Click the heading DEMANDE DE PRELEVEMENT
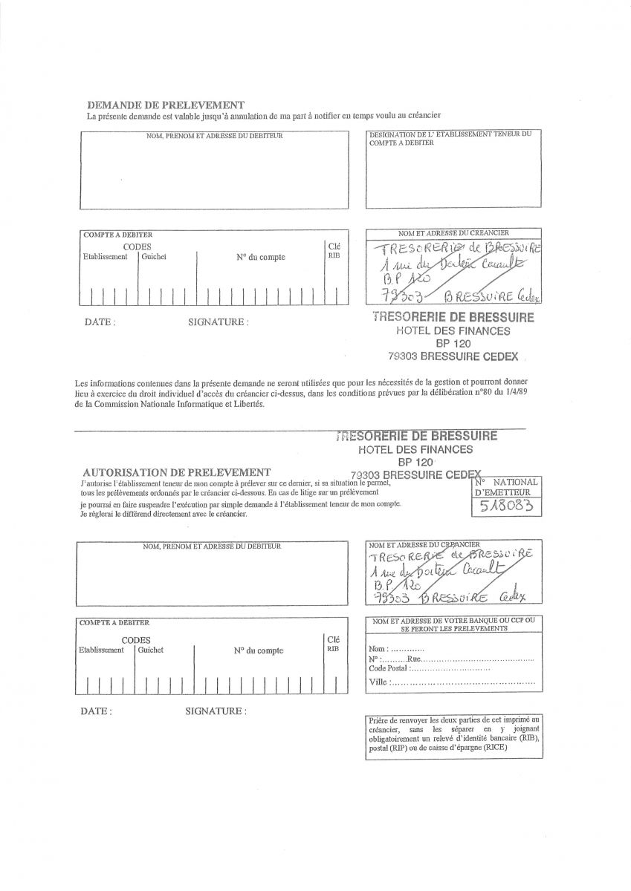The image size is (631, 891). [166, 105]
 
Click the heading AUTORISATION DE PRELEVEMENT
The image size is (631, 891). [176, 472]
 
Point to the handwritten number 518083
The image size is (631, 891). [506, 506]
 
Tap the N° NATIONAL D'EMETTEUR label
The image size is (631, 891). [505, 486]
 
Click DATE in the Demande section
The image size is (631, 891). [100, 322]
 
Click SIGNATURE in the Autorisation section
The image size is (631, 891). [216, 711]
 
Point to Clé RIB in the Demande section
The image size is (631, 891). [334, 250]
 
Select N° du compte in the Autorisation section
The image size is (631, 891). [258, 650]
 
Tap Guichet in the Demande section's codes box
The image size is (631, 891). [154, 257]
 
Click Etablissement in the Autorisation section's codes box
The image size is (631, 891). [102, 650]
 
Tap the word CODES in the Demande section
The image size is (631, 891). [137, 247]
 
